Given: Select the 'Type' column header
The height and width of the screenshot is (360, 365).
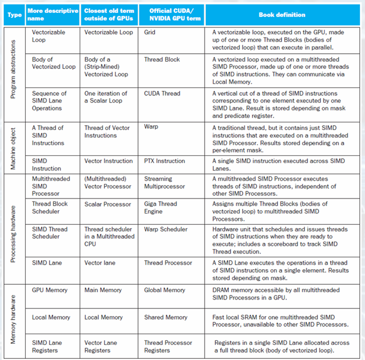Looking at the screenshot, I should click(x=14, y=15).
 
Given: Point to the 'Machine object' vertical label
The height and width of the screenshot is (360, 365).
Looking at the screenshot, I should click(x=14, y=144).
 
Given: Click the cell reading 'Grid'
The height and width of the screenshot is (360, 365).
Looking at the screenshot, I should click(x=150, y=33).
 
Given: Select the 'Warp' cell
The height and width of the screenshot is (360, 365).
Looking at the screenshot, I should click(x=151, y=127).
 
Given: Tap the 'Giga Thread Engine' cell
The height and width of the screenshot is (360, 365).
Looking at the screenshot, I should click(x=160, y=207).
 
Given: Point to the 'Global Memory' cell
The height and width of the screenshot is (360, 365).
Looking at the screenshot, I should click(x=164, y=290).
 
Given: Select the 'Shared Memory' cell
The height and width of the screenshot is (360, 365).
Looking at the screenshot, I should click(x=165, y=317).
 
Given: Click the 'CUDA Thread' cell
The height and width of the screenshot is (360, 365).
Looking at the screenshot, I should click(x=162, y=94).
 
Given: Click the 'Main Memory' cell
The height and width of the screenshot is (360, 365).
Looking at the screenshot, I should click(x=104, y=290).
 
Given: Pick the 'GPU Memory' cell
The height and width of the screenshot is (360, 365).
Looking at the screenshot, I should click(x=49, y=290).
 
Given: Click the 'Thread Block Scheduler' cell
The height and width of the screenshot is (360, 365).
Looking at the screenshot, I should click(x=49, y=207).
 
